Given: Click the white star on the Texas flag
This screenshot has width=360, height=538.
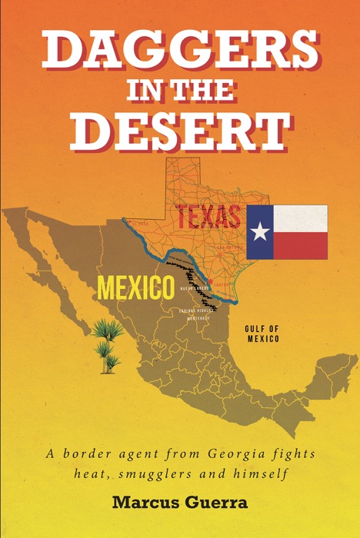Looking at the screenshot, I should point(260,232).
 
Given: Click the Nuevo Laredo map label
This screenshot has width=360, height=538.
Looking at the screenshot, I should point(195,288).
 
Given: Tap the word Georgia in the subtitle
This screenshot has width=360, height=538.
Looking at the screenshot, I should point(210,454).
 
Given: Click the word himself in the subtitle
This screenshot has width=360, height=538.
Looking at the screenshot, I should point(262,473).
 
